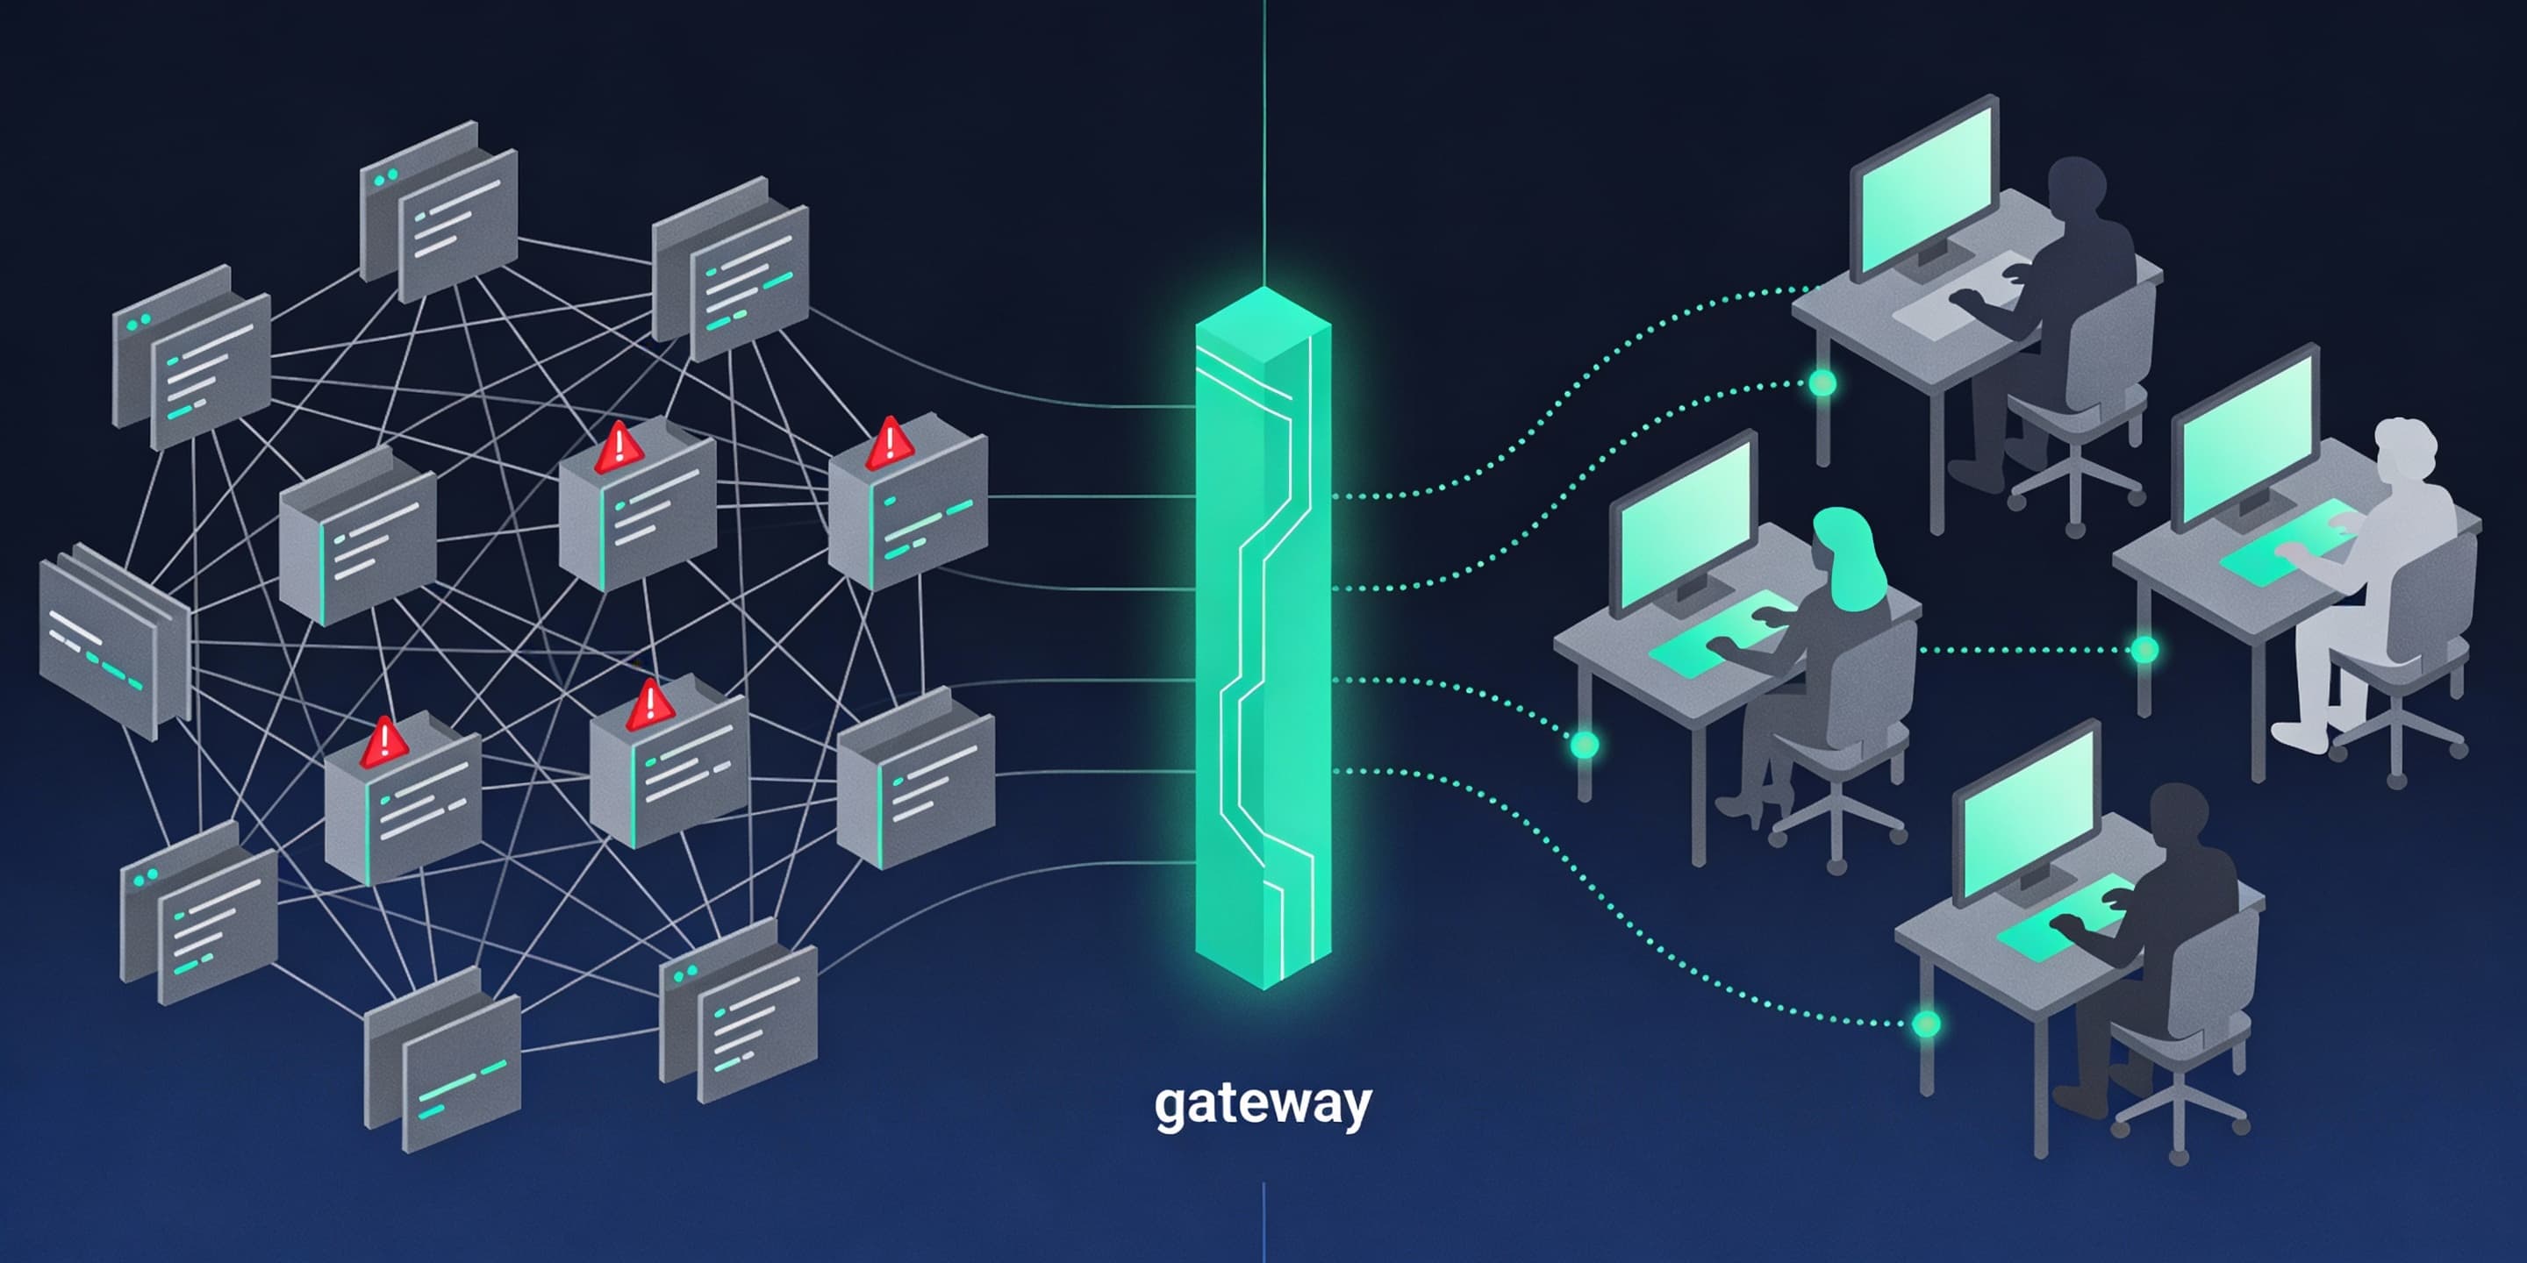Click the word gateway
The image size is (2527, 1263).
coord(1263,1105)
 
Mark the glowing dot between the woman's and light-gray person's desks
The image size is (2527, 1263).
coord(2144,649)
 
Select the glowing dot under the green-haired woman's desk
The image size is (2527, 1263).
coord(1585,745)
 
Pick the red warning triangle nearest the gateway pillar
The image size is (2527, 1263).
coord(890,440)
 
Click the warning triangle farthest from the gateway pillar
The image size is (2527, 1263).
coord(383,742)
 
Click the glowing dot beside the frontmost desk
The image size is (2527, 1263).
coord(1926,1024)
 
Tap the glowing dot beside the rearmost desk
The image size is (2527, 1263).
coord(1822,382)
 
